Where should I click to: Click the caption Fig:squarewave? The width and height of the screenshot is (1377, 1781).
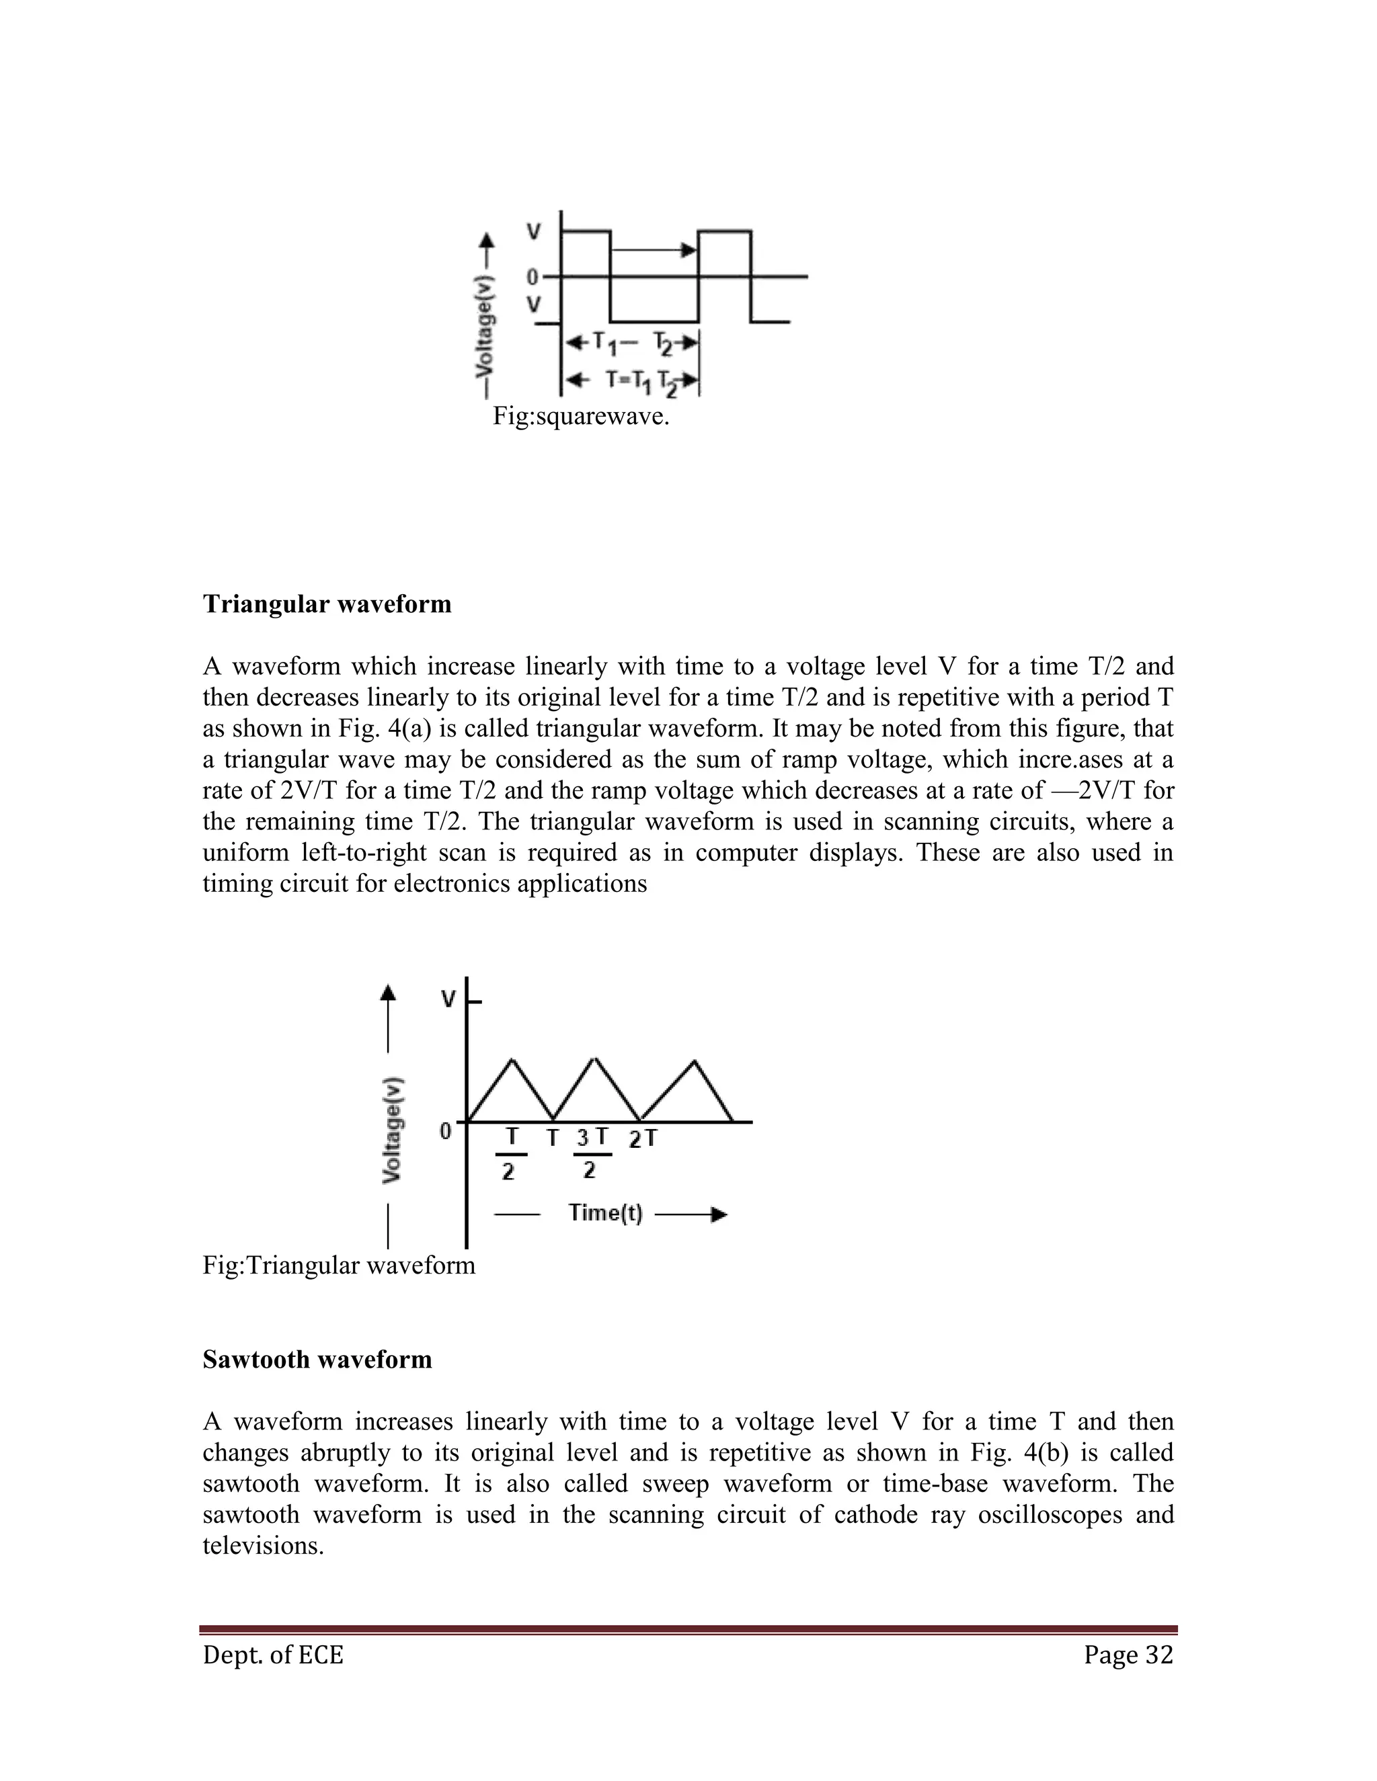580,417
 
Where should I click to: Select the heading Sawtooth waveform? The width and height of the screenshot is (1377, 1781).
317,1360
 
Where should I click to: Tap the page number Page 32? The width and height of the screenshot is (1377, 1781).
1128,1655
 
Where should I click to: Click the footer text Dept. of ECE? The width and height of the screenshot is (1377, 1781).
272,1655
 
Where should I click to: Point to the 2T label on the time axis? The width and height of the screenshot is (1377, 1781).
643,1138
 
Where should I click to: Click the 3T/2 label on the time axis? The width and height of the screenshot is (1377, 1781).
592,1152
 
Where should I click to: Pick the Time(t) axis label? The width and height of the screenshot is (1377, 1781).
605,1213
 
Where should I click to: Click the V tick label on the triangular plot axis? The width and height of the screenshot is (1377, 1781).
448,999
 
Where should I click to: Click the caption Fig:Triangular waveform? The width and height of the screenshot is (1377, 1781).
339,1265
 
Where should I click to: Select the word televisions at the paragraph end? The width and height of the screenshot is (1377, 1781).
263,1545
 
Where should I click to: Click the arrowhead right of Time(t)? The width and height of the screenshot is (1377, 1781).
719,1215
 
